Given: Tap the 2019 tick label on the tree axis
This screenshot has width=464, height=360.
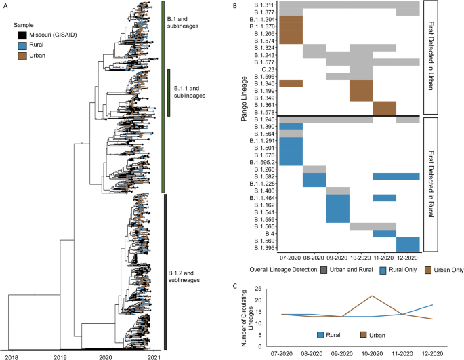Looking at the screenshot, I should click(x=59, y=355).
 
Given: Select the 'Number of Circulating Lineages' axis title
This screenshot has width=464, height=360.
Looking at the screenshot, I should click(x=252, y=316).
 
